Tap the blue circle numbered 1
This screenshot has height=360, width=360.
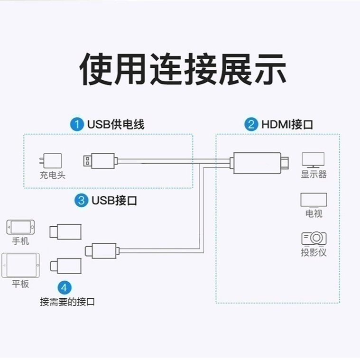coord(77,125)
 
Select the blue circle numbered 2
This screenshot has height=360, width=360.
coord(251,125)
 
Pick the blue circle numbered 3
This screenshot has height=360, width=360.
coord(82,200)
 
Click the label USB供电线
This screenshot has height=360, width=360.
coord(115,125)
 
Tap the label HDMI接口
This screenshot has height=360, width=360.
coord(287,125)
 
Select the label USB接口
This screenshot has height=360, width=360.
coord(114,200)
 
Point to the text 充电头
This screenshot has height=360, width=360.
coord(52,175)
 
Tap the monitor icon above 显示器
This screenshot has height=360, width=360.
coord(313,160)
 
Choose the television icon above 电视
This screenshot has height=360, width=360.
coord(314,200)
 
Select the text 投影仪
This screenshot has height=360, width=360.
coord(314,252)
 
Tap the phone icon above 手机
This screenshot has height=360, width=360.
coord(20,226)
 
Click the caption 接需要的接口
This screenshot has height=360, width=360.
coord(67,302)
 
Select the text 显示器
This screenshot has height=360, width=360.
coord(314,174)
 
